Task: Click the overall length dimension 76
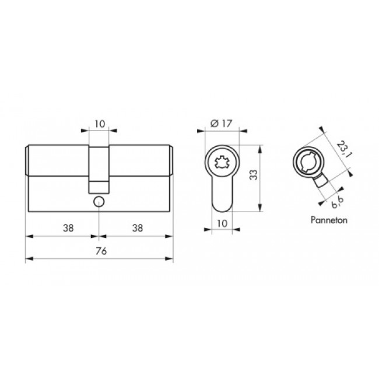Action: coord(101,251)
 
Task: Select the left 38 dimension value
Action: coord(68,228)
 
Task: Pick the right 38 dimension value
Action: coord(137,228)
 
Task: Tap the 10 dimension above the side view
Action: coord(100,124)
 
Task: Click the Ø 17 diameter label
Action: coord(221,124)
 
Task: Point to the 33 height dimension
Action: coord(254,175)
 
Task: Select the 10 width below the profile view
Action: coord(222,223)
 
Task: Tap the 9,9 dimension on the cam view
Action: coord(338,202)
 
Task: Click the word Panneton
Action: coord(329,220)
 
